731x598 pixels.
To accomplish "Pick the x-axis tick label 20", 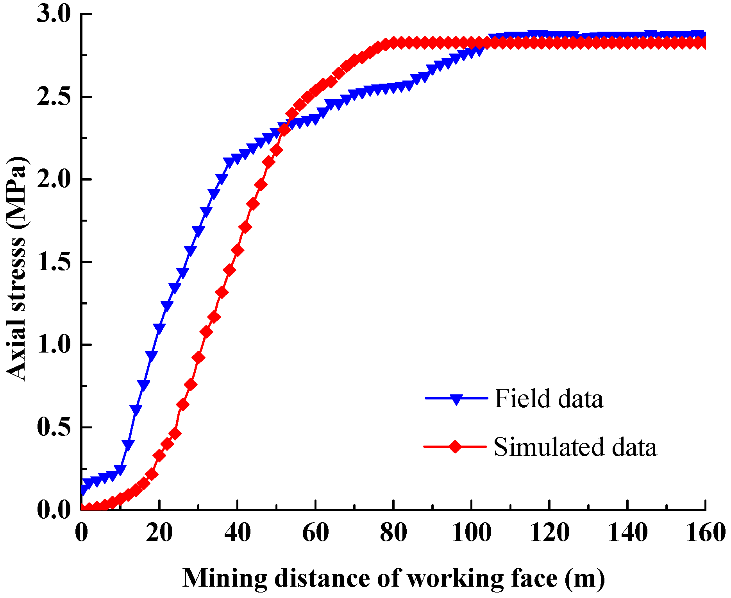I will tap(159, 533).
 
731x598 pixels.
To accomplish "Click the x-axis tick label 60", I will tap(315, 533).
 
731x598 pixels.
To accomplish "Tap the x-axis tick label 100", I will tap(471, 533).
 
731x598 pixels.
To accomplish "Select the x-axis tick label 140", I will tap(627, 533).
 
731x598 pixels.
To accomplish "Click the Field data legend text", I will tap(549, 399).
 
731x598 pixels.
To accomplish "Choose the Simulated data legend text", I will tap(575, 446).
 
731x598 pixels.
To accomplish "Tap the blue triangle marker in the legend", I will tap(456, 399).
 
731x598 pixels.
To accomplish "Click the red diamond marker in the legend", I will tap(455, 446).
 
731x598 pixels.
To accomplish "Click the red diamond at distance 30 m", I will tap(198, 358).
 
